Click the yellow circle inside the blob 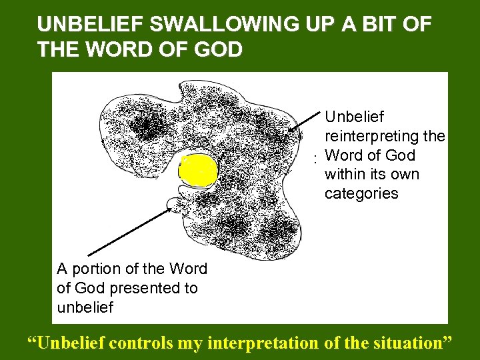(x=198, y=171)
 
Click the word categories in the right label (x=361, y=193)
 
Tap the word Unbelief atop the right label (x=354, y=117)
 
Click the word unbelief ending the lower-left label (x=85, y=307)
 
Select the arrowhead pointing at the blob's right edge (x=291, y=131)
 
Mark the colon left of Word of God (x=315, y=160)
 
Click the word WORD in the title (x=108, y=50)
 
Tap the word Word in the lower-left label (x=188, y=269)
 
